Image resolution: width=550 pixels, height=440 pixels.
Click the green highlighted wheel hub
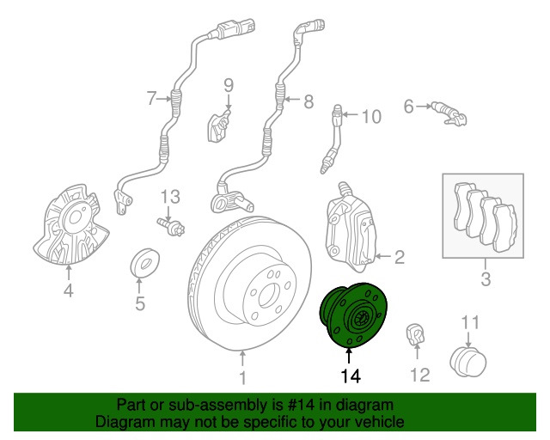353,315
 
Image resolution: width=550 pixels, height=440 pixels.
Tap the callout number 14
351,376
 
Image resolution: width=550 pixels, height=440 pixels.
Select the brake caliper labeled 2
350,228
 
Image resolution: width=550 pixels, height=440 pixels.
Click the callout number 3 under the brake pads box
486,279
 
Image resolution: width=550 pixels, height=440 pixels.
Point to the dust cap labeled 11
467,362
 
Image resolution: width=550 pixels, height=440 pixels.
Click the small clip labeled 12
416,334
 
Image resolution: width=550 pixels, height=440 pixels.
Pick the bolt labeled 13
171,227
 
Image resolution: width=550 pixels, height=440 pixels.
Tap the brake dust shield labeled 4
70,225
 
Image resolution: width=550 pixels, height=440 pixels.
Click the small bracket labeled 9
219,125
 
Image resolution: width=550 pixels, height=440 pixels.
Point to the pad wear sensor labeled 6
449,113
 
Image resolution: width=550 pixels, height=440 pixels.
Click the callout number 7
151,98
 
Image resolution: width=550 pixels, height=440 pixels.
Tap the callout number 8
308,101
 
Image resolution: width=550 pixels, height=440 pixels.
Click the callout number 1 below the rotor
242,378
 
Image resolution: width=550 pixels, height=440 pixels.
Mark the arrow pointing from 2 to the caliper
384,256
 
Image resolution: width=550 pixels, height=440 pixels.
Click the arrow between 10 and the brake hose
350,114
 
